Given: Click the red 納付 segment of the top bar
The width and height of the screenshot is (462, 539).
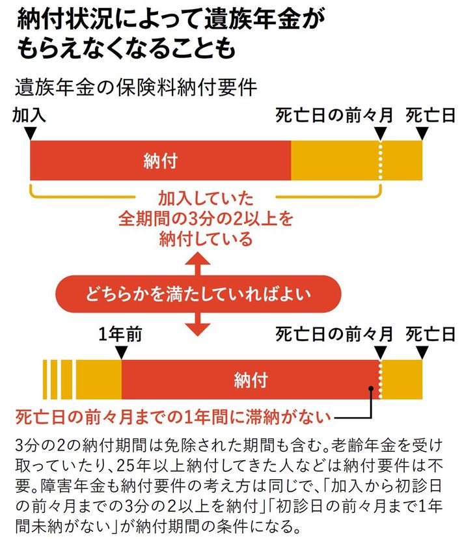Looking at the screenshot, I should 160,161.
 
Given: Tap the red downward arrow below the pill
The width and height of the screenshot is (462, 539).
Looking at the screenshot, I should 197,325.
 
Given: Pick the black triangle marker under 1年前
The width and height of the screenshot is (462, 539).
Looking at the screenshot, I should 120,352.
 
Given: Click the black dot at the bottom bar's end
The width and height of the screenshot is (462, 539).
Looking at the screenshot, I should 371,390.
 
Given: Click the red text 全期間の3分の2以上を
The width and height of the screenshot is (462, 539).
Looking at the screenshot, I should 205,218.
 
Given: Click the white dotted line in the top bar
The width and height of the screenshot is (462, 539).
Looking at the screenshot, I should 381,161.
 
